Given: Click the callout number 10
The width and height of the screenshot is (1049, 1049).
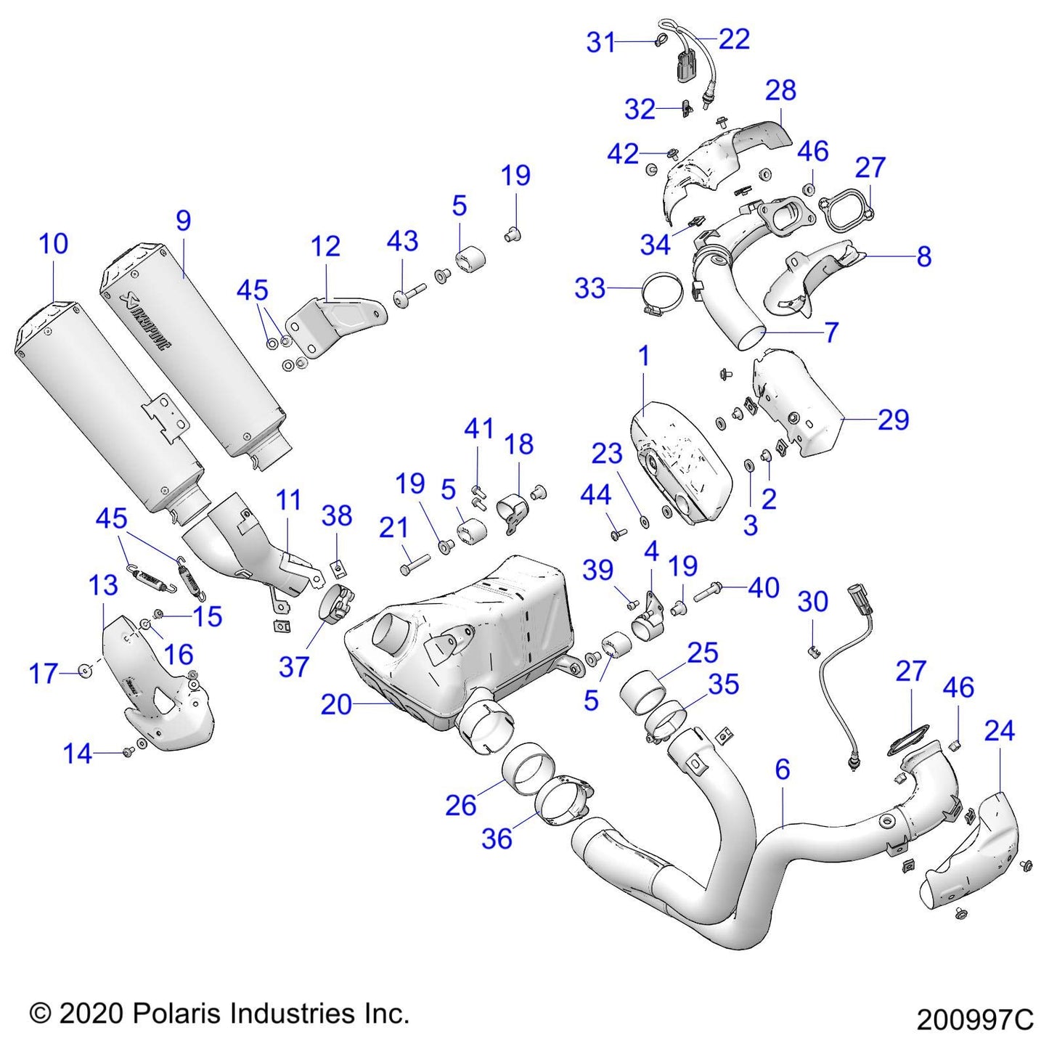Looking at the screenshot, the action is pos(54,243).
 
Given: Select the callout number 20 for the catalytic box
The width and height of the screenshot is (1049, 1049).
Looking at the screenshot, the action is pos(336,705).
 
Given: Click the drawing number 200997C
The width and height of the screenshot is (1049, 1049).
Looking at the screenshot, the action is pos(974,1020).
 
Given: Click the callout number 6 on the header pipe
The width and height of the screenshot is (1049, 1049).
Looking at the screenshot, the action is pos(782,770).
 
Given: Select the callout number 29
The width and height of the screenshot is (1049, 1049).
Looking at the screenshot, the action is pos(894,420).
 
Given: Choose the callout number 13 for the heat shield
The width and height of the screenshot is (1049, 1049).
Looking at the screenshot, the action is pos(103,584).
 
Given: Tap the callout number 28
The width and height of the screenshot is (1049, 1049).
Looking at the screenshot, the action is pos(780,90).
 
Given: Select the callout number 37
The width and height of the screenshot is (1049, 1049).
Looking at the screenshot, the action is pos(293,666).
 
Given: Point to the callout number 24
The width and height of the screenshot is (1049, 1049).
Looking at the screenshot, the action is pos(1000,730).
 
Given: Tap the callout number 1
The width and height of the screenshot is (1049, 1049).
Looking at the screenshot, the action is pos(644,356).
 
